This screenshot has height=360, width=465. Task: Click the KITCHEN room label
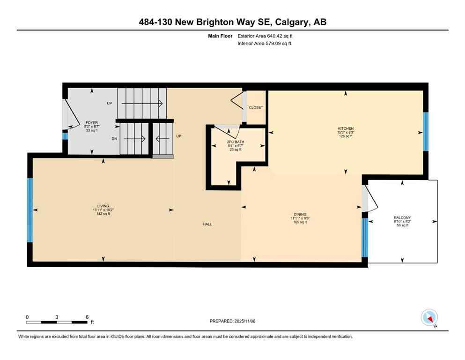[346, 128]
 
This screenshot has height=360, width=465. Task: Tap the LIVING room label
[103, 206]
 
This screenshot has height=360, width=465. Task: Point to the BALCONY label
[403, 217]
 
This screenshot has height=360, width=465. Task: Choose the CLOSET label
[256, 107]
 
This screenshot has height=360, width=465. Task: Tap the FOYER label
[91, 122]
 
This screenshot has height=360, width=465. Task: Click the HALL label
[207, 224]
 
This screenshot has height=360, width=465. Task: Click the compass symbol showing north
[429, 317]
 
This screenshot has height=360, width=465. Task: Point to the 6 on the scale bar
[87, 317]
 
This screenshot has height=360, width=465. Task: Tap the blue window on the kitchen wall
[426, 132]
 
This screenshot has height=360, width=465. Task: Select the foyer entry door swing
[71, 114]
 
